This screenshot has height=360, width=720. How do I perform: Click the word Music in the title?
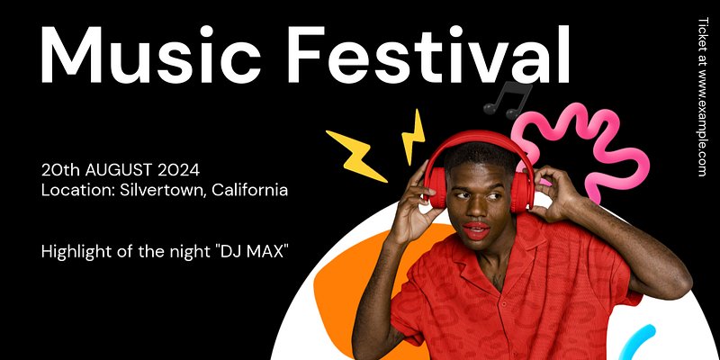coord(150,55)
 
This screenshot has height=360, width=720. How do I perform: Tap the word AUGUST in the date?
coord(119,170)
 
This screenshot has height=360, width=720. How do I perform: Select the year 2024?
coord(178,170)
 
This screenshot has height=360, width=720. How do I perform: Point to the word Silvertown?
coord(162,190)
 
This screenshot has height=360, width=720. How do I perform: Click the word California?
coord(250,190)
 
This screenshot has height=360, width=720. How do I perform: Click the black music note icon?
coord(508,99)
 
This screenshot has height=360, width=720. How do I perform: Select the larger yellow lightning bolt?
coord(356,156)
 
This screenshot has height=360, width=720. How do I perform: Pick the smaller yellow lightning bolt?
coord(413,137)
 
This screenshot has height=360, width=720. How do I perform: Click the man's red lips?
coord(476,230)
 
